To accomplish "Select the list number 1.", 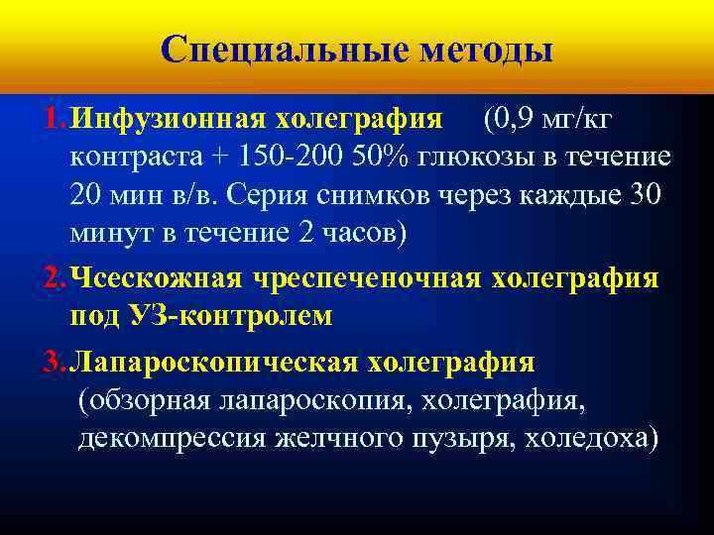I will (x=53, y=120).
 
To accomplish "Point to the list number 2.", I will (x=53, y=278).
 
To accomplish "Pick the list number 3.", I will (x=53, y=363).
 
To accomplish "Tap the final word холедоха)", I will (x=598, y=438).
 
